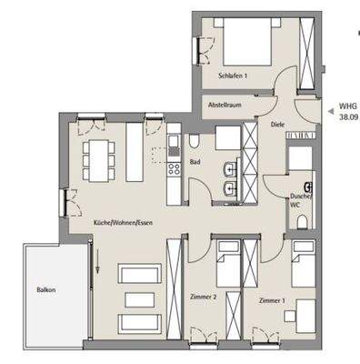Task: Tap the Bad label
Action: click(195, 163)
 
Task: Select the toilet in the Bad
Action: click(195, 142)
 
